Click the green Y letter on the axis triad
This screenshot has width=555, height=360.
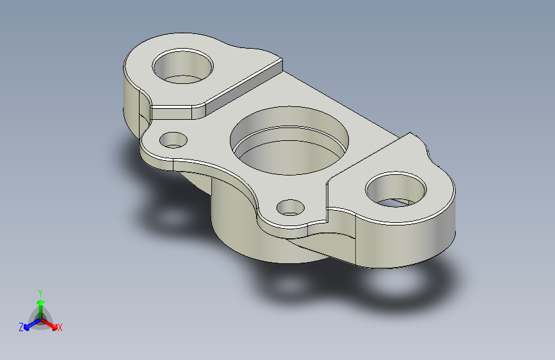point(40,291)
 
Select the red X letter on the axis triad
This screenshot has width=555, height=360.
point(60,328)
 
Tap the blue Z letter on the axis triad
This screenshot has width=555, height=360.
point(21,327)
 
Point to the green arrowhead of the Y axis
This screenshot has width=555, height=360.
point(40,300)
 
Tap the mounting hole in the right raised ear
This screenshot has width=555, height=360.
point(396,190)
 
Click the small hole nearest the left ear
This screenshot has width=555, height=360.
point(173,139)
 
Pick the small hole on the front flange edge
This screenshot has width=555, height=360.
point(291,207)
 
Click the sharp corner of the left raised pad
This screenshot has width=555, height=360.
point(280,60)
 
